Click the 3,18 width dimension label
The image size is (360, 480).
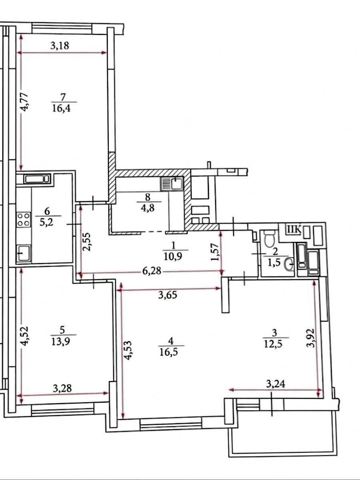pyautogui.click(x=60, y=46)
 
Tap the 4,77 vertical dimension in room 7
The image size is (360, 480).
pyautogui.click(x=24, y=101)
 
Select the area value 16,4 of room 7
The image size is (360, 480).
pyautogui.click(x=62, y=108)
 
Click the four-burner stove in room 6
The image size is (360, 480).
pyautogui.click(x=24, y=220)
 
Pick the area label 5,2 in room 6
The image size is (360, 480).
pyautogui.click(x=47, y=224)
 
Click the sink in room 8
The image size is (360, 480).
pyautogui.click(x=172, y=184)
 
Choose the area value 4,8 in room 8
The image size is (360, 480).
pyautogui.click(x=148, y=208)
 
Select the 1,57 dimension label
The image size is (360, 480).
pyautogui.click(x=214, y=252)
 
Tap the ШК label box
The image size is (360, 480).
pyautogui.click(x=294, y=230)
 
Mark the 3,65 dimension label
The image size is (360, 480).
pyautogui.click(x=168, y=296)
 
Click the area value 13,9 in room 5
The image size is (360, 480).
pyautogui.click(x=61, y=341)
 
